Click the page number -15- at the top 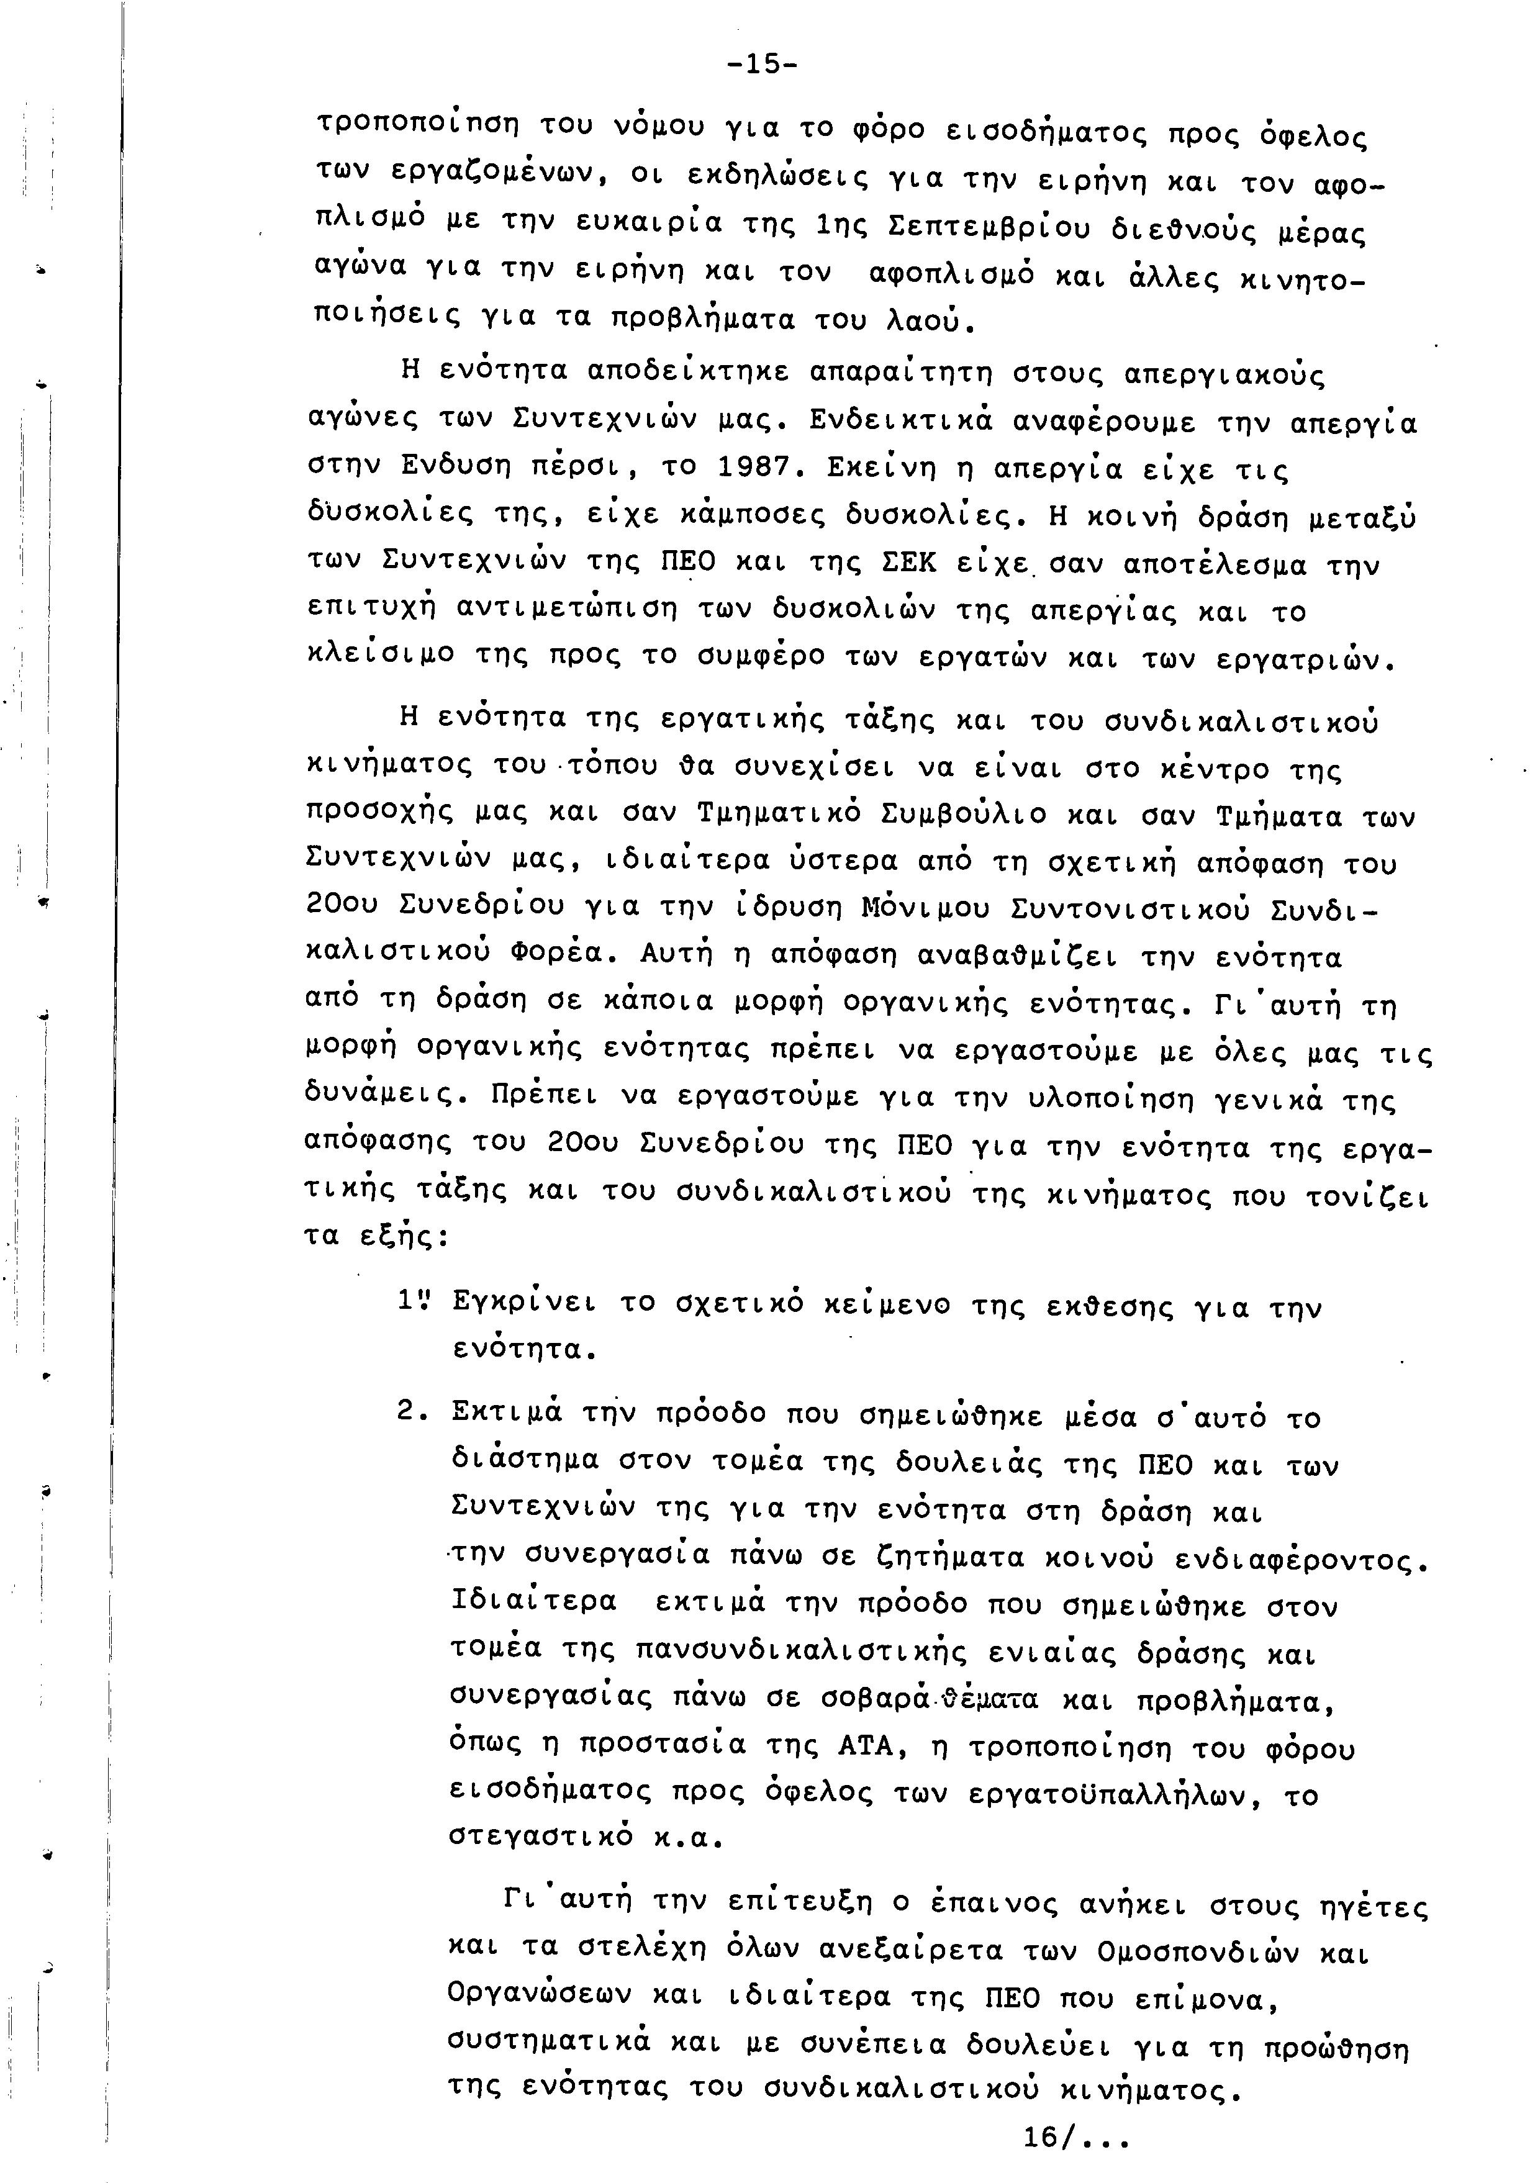763,65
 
